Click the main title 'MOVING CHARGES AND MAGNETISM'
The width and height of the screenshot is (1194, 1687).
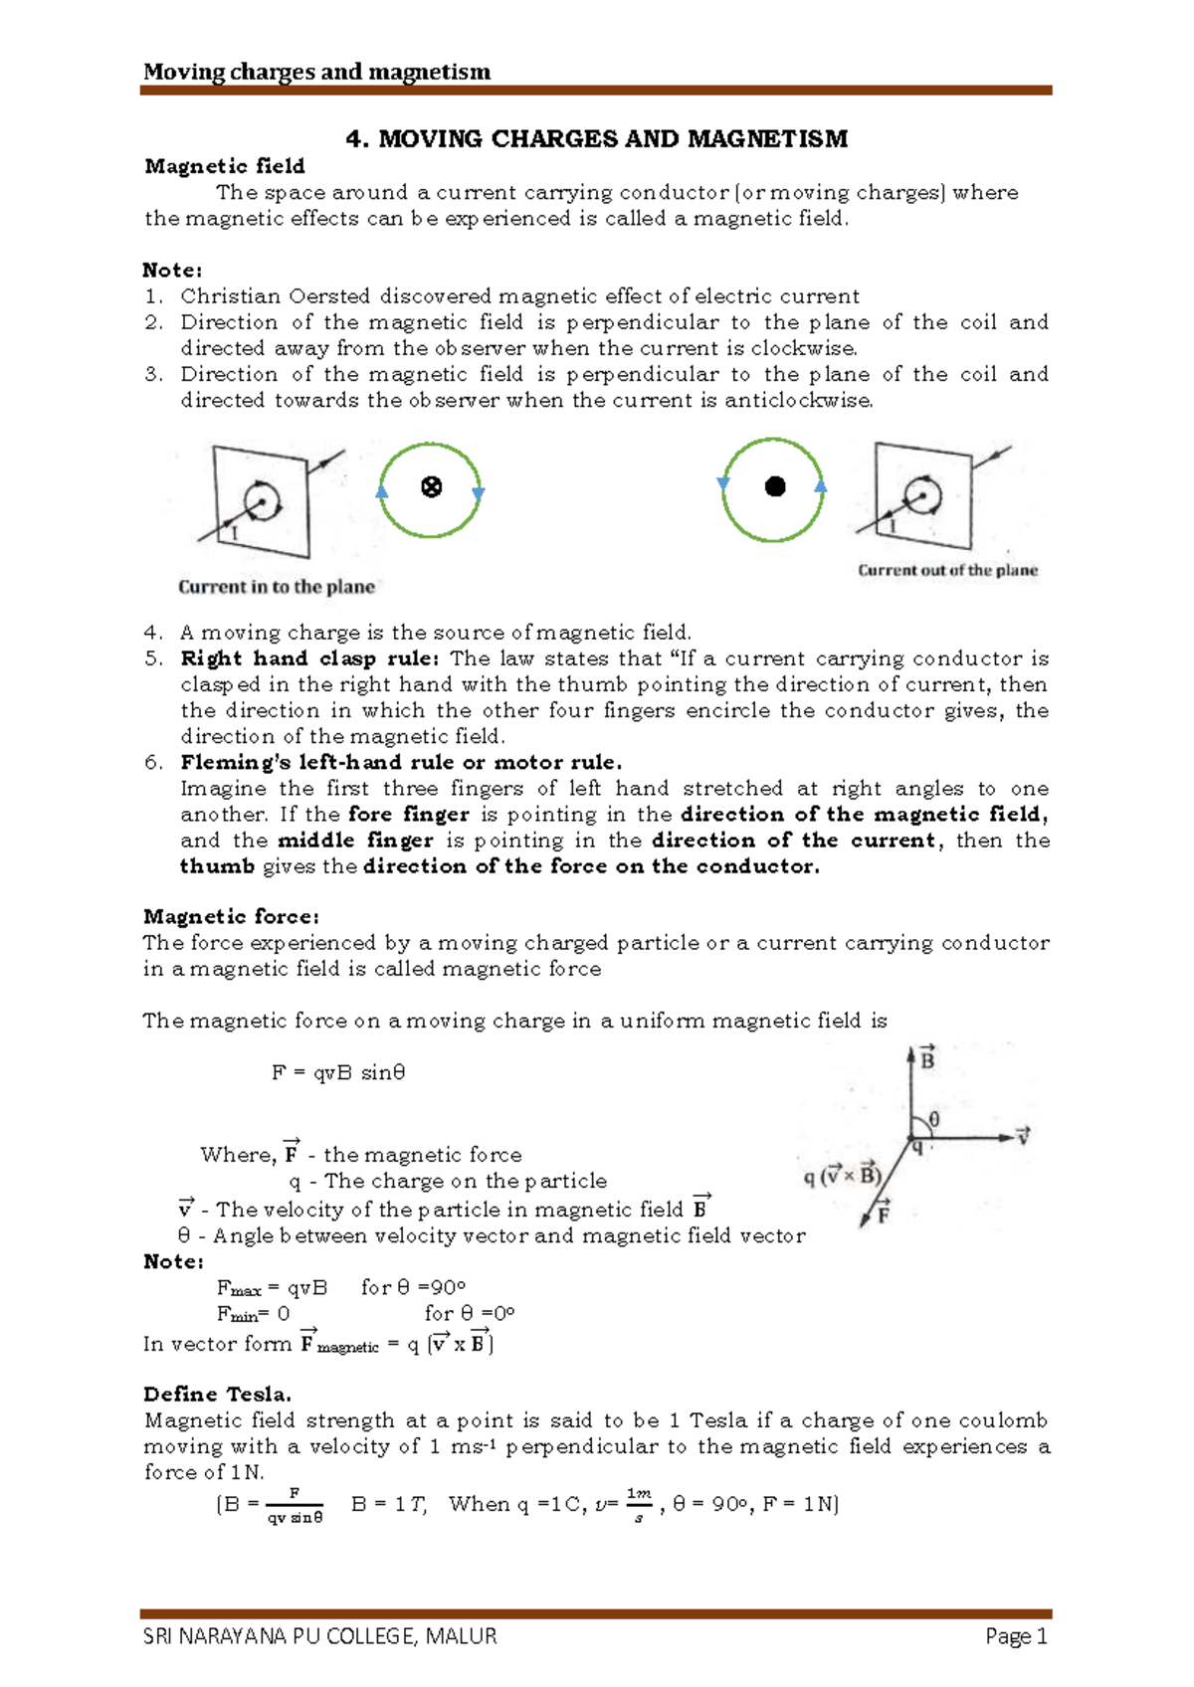click(x=596, y=139)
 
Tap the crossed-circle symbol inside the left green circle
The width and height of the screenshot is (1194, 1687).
click(x=431, y=487)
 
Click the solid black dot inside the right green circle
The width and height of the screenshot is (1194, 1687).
click(x=775, y=486)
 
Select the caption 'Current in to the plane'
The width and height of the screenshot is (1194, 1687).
click(x=277, y=587)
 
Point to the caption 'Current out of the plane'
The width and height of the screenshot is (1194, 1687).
click(x=947, y=571)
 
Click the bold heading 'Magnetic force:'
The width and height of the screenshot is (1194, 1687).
click(x=231, y=916)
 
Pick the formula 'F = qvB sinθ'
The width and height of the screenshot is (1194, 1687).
click(x=338, y=1072)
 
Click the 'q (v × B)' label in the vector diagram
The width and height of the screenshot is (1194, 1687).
click(x=842, y=1176)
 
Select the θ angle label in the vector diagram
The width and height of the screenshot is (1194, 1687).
click(x=933, y=1120)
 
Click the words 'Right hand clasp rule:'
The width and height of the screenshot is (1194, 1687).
click(x=309, y=658)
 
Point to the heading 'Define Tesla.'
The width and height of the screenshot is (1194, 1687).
click(x=217, y=1394)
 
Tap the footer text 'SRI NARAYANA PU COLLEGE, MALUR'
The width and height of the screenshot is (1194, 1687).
click(x=319, y=1636)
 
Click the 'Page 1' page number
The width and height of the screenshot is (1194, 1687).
click(x=1016, y=1636)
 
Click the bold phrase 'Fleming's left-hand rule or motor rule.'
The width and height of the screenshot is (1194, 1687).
click(x=401, y=763)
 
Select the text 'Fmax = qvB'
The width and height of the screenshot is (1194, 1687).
click(x=272, y=1288)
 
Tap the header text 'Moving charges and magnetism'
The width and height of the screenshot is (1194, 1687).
click(x=316, y=72)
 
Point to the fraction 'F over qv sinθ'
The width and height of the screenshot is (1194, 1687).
click(x=295, y=1506)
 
